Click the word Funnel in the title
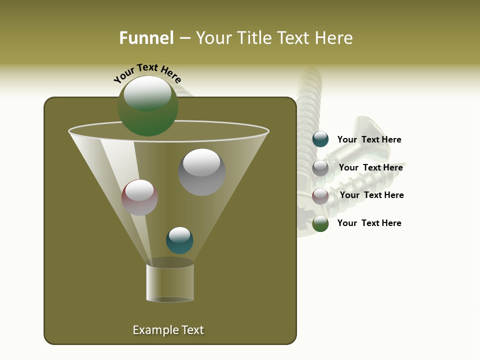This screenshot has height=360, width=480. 146,38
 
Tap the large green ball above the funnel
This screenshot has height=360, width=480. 148,106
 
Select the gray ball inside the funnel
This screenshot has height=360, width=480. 202,172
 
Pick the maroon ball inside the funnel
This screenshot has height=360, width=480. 139,197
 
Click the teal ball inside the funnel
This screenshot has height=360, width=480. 179,240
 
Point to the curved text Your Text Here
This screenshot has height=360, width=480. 147,73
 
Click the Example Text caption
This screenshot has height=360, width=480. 168,330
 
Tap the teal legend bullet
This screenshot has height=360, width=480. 320,139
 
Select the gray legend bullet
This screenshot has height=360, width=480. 320,168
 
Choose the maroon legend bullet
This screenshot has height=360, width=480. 320,196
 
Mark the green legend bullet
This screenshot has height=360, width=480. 320,223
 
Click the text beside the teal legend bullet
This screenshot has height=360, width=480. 369,140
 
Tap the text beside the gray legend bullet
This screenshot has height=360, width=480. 370,168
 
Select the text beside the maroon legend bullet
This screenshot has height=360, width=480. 371,195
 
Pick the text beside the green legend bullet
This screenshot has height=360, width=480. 369,223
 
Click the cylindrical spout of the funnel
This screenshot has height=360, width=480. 170,282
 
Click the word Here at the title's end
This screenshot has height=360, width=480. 335,38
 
